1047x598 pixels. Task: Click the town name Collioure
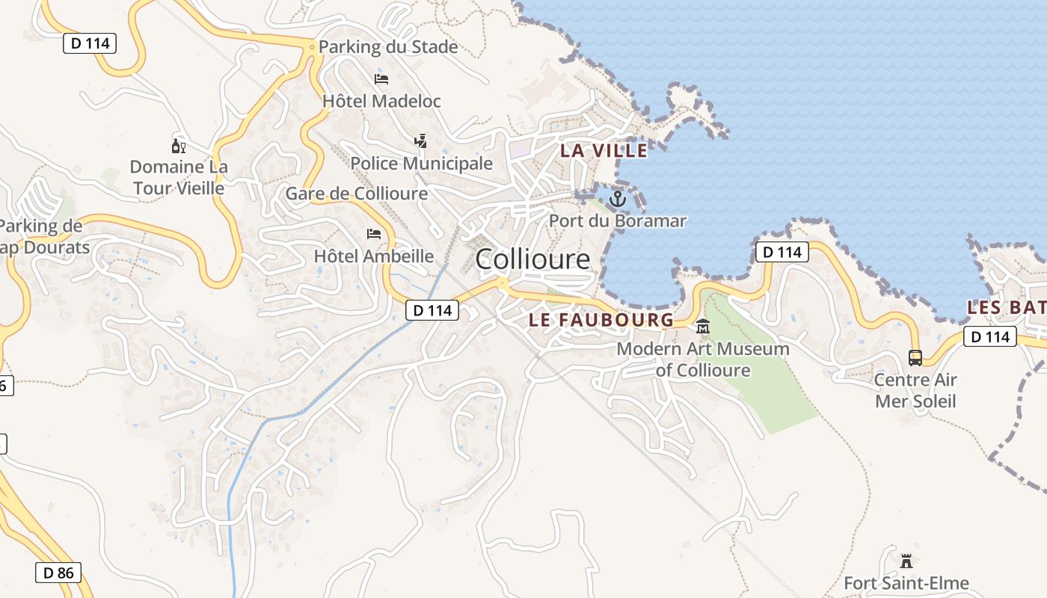click(x=532, y=259)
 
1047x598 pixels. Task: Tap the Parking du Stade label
click(x=387, y=47)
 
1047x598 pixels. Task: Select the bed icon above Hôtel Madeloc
click(x=381, y=78)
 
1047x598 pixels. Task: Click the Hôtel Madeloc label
click(x=381, y=101)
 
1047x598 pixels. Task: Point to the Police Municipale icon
click(x=420, y=141)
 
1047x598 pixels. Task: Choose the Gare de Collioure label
click(x=357, y=194)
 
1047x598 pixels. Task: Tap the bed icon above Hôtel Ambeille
click(x=374, y=234)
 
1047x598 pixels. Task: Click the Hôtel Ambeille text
click(x=374, y=256)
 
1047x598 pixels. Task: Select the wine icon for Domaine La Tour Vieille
click(x=179, y=145)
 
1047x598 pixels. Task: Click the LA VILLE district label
click(x=604, y=150)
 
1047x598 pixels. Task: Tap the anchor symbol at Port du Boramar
click(x=617, y=199)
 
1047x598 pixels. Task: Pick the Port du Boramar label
click(x=618, y=221)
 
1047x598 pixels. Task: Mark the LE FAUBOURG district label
click(x=601, y=320)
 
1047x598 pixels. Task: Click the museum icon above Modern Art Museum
click(x=703, y=327)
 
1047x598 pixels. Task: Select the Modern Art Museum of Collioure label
click(x=703, y=360)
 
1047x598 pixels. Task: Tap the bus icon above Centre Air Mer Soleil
click(x=915, y=357)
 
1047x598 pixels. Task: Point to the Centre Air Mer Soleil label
click(x=915, y=390)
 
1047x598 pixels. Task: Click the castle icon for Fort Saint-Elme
click(x=906, y=561)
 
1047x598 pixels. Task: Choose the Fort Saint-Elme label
click(x=906, y=583)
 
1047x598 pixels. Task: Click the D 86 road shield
click(x=58, y=573)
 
